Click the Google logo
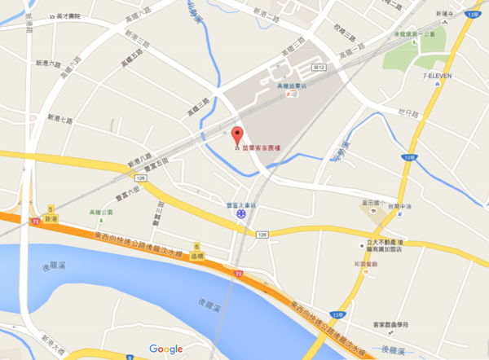[x=165, y=349]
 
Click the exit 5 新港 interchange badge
[x=51, y=213]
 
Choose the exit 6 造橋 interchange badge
[x=196, y=250]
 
